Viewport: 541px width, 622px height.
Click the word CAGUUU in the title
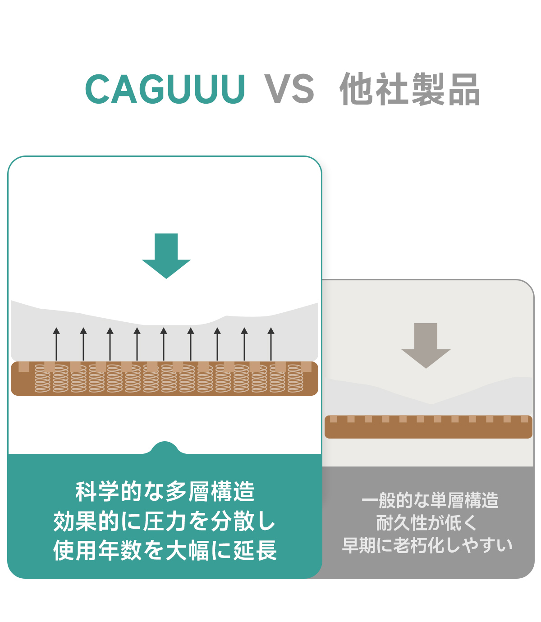tap(165, 89)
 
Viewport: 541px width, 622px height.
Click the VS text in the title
tap(289, 89)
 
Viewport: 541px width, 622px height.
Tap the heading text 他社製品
tap(410, 89)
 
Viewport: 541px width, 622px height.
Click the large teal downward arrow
tap(166, 256)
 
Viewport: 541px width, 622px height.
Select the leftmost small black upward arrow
tap(56, 343)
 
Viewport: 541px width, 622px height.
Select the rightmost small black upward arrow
tap(271, 343)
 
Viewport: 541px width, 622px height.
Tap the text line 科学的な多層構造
tap(165, 491)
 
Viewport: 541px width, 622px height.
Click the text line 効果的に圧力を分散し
tap(165, 521)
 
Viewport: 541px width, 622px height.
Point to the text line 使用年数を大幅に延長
tap(165, 550)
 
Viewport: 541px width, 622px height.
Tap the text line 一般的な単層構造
tap(430, 500)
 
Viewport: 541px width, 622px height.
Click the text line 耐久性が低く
tap(426, 523)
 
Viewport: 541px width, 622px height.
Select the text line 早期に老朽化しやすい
tap(427, 545)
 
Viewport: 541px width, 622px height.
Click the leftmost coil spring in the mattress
tap(43, 379)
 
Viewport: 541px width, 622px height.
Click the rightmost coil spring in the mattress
tap(295, 379)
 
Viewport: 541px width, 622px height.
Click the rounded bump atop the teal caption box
tap(165, 448)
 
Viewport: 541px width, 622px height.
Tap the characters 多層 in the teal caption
tap(188, 491)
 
